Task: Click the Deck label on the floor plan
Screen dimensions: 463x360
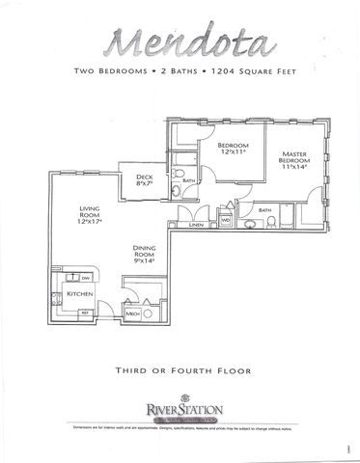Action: [144, 176]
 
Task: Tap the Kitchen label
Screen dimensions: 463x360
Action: [77, 293]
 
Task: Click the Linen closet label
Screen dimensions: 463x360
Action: [197, 225]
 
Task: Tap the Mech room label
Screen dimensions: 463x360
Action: [133, 314]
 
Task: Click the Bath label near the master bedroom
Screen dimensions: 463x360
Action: [263, 208]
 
